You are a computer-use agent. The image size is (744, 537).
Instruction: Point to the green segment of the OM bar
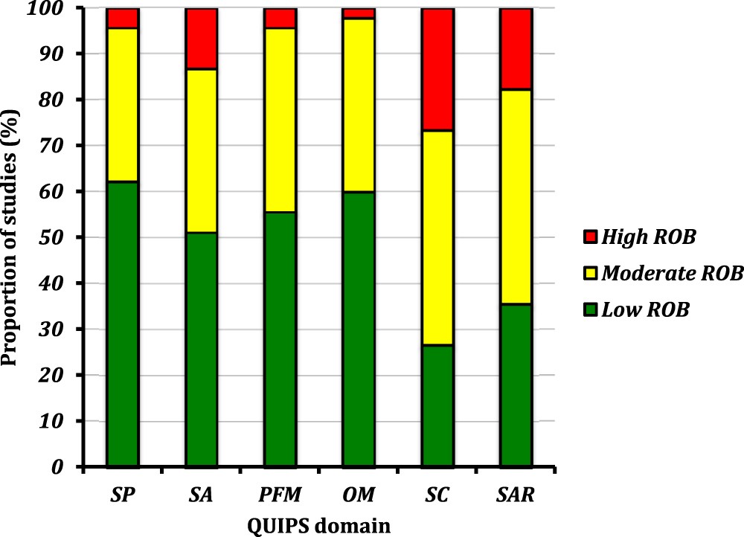(358, 329)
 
